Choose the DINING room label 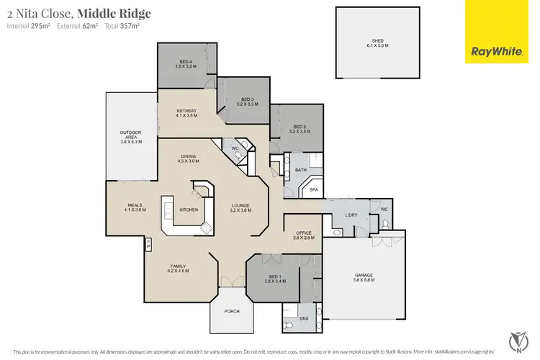pyautogui.click(x=189, y=158)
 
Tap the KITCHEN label pyautogui.click(x=189, y=210)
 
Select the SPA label pyautogui.click(x=313, y=190)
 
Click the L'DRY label pyautogui.click(x=352, y=216)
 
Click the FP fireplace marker pyautogui.click(x=148, y=243)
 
